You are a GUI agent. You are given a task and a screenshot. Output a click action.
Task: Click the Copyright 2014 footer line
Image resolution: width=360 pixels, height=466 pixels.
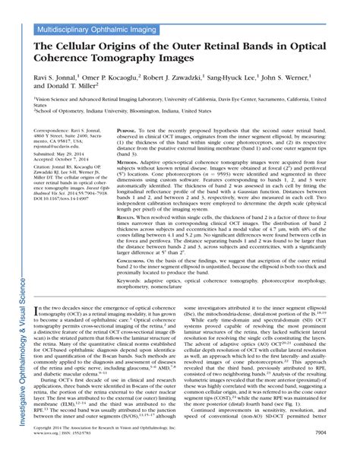click(x=106, y=451)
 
